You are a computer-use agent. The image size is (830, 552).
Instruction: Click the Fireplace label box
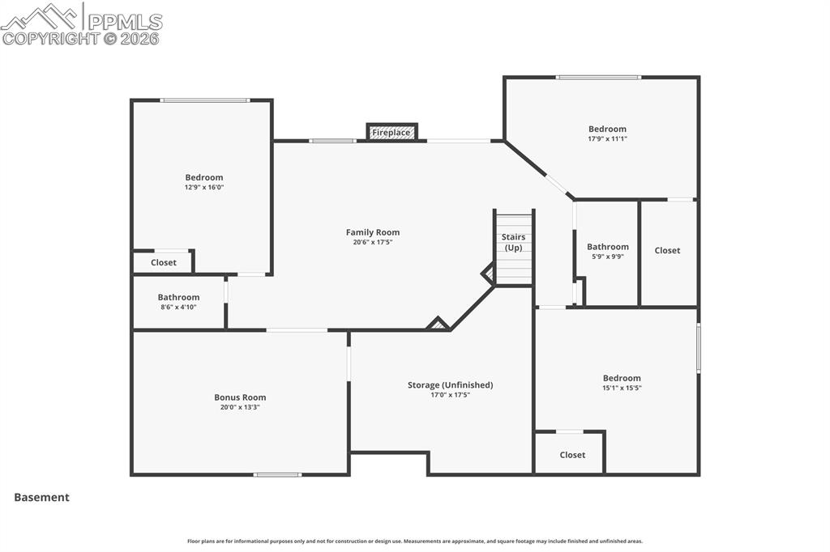click(x=392, y=132)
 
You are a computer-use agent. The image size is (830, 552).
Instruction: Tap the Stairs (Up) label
click(x=513, y=242)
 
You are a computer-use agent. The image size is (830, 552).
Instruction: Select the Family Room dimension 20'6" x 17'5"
click(x=373, y=242)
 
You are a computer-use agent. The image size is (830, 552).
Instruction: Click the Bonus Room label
click(x=240, y=397)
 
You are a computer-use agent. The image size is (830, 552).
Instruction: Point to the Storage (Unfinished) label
click(x=450, y=385)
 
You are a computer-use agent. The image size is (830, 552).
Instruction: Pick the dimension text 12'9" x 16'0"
click(x=203, y=187)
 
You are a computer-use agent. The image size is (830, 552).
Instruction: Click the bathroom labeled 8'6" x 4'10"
click(x=178, y=302)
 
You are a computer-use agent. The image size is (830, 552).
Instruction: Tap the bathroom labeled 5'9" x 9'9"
click(x=607, y=252)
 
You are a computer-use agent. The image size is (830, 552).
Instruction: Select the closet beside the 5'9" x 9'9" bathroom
click(x=667, y=251)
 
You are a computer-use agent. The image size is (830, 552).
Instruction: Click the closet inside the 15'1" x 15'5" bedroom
click(x=572, y=455)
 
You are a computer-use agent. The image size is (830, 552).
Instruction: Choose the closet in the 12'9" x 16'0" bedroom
click(x=163, y=263)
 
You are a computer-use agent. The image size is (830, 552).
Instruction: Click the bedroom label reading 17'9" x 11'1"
click(x=607, y=134)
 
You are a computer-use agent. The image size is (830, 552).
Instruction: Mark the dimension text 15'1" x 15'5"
click(x=622, y=388)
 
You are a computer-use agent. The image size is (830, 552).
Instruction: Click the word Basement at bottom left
click(x=41, y=498)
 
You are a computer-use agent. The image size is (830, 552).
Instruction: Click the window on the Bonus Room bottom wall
click(x=277, y=474)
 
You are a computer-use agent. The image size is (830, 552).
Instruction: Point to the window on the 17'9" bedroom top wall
click(x=598, y=78)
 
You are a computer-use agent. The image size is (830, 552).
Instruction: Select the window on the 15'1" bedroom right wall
click(x=698, y=348)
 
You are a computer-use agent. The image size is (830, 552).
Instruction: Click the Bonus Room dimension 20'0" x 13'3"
click(x=240, y=407)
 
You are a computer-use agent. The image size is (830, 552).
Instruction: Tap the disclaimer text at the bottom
click(x=415, y=541)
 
